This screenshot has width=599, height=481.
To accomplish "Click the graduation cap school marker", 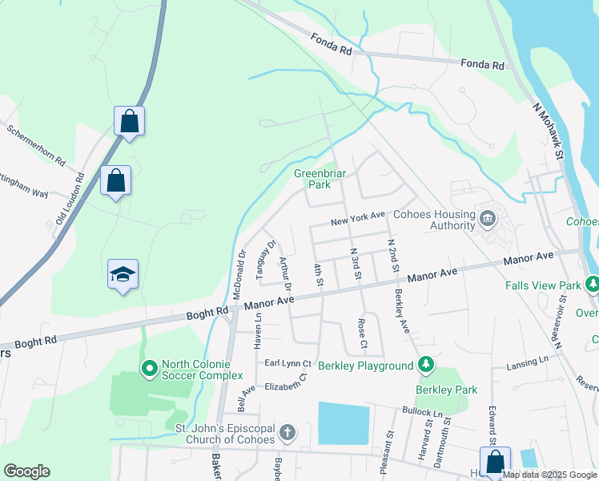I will pyautogui.click(x=123, y=274).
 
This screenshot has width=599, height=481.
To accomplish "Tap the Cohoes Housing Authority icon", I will pyautogui.click(x=487, y=217).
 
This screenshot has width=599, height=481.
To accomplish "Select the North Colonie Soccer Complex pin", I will pyautogui.click(x=149, y=369).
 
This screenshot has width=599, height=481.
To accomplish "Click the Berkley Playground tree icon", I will pyautogui.click(x=427, y=366).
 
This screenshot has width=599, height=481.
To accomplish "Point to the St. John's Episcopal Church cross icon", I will pyautogui.click(x=287, y=434).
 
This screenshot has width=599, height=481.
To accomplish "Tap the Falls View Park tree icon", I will pyautogui.click(x=592, y=285).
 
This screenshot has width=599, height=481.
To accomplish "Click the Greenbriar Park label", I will pyautogui.click(x=312, y=179).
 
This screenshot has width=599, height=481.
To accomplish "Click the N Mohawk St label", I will pyautogui.click(x=549, y=127).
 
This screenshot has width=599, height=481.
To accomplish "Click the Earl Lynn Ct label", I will pyautogui.click(x=288, y=364).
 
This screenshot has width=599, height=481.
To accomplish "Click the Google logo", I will pyautogui.click(x=26, y=471).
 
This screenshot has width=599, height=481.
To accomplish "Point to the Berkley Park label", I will pyautogui.click(x=446, y=390).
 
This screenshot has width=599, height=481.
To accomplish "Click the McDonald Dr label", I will pyautogui.click(x=239, y=273).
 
